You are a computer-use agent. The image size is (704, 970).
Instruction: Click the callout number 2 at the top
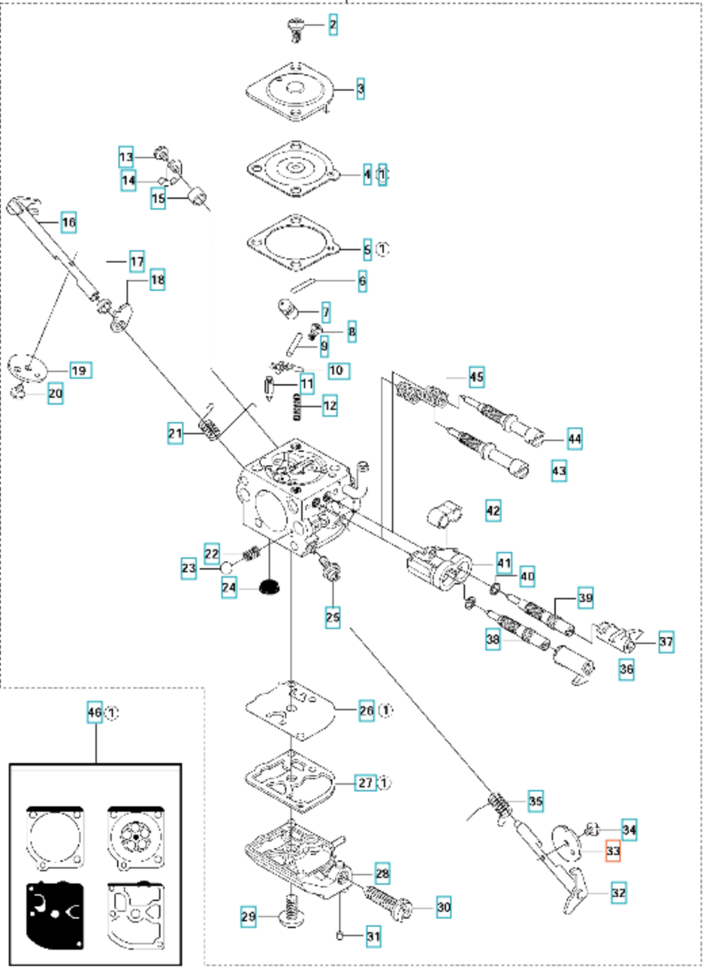tap(332, 24)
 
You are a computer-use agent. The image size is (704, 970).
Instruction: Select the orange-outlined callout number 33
tap(612, 851)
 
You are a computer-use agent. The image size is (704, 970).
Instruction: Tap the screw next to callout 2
tap(296, 30)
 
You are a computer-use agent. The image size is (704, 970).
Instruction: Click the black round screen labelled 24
tap(269, 588)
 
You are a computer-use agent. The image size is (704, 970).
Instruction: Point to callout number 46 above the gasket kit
tap(95, 712)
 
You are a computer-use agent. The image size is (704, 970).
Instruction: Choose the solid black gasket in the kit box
tap(55, 910)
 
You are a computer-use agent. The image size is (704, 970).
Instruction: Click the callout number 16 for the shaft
tap(69, 222)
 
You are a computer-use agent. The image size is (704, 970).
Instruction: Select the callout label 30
tap(443, 907)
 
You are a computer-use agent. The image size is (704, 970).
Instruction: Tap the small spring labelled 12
tap(296, 407)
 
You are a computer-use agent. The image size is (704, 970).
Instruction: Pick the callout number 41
tap(504, 563)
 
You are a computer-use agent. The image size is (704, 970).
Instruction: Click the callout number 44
tap(575, 439)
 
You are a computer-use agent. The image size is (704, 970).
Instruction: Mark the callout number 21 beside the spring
tap(175, 433)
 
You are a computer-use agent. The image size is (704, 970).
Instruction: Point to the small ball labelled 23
tap(226, 567)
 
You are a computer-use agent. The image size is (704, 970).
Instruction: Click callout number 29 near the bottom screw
tap(248, 917)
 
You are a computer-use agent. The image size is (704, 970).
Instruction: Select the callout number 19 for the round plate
tap(81, 370)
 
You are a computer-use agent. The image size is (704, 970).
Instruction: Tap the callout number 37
tap(666, 641)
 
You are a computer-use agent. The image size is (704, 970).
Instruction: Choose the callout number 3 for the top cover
tap(360, 89)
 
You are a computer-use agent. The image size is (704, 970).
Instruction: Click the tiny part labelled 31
tap(340, 936)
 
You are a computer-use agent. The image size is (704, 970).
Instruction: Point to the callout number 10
tap(338, 371)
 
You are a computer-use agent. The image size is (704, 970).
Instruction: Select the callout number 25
tap(332, 617)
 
